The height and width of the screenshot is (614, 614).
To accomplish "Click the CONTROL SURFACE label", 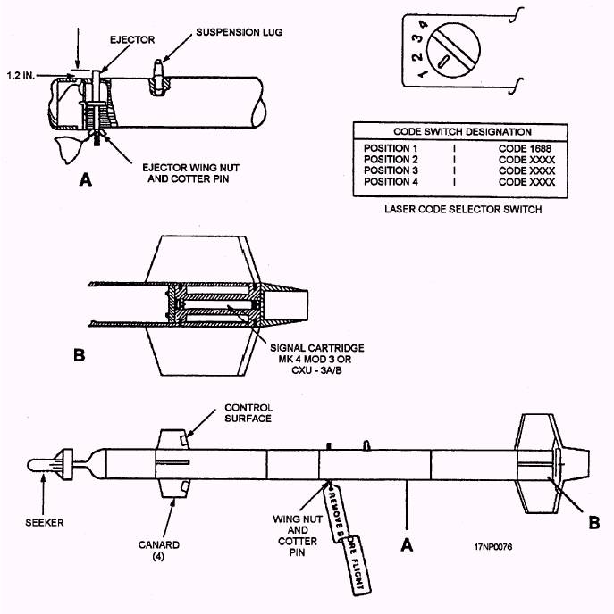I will [248, 412].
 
